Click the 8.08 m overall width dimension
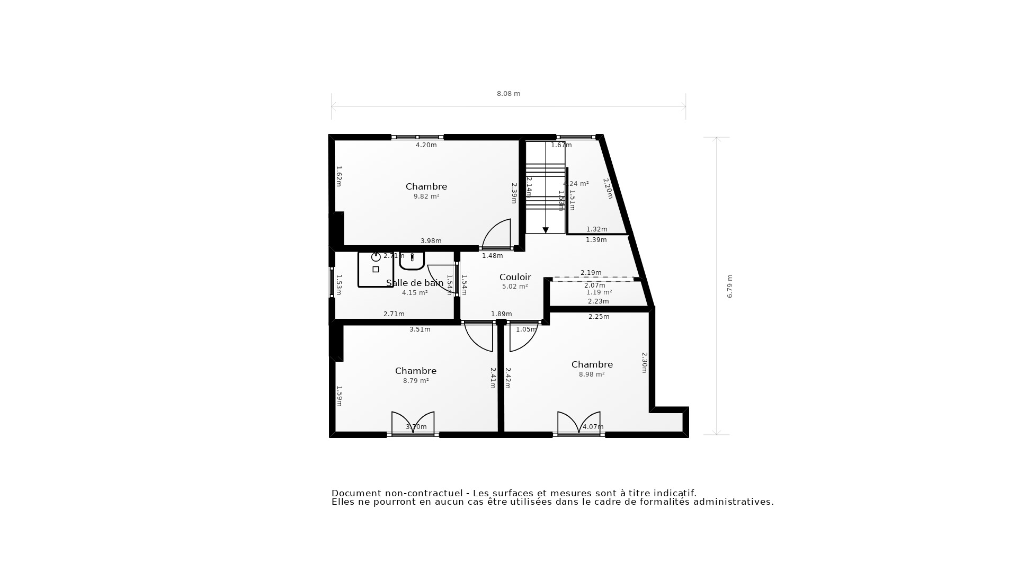[x=508, y=94]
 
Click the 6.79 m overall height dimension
[x=729, y=286]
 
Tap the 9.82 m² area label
[x=426, y=196]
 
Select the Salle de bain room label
[x=415, y=283]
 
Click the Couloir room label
[x=515, y=277]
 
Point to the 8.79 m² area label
[x=416, y=381]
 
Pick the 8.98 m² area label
[x=592, y=374]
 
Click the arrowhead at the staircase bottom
[x=546, y=230]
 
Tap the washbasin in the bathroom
[x=412, y=260]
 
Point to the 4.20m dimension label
[x=426, y=145]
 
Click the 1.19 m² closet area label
[x=599, y=292]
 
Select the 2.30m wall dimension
[x=644, y=362]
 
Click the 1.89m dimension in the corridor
[x=501, y=314]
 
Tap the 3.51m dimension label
[x=420, y=329]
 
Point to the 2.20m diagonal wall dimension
[x=608, y=188]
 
